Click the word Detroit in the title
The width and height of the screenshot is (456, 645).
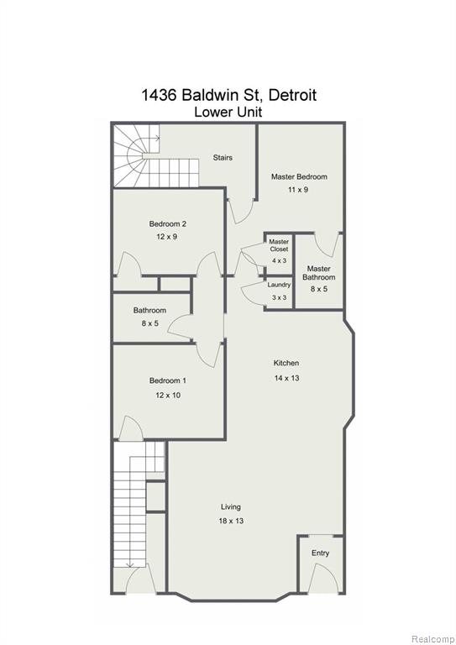[292, 95]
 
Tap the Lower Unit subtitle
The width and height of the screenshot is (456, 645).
[228, 112]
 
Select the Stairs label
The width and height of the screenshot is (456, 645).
[223, 158]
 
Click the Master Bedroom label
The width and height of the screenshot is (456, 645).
[299, 177]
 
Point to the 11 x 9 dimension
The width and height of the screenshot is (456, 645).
[298, 190]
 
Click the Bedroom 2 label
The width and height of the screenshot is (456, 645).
[167, 224]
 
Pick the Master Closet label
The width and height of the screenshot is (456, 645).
[279, 245]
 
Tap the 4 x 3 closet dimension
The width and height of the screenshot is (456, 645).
[279, 261]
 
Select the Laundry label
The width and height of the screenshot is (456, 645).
[279, 285]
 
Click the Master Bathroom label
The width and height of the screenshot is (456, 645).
[318, 273]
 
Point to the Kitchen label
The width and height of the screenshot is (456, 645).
[286, 363]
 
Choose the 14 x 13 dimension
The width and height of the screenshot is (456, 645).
[286, 378]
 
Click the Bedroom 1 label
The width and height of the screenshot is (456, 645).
[167, 381]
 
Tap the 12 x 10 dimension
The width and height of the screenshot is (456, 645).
[168, 396]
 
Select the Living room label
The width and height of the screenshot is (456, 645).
[231, 507]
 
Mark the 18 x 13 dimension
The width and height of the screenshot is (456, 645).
[231, 521]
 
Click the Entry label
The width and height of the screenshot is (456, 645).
[320, 553]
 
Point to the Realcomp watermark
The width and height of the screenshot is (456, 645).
[433, 639]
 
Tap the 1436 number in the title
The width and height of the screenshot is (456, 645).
[159, 95]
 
